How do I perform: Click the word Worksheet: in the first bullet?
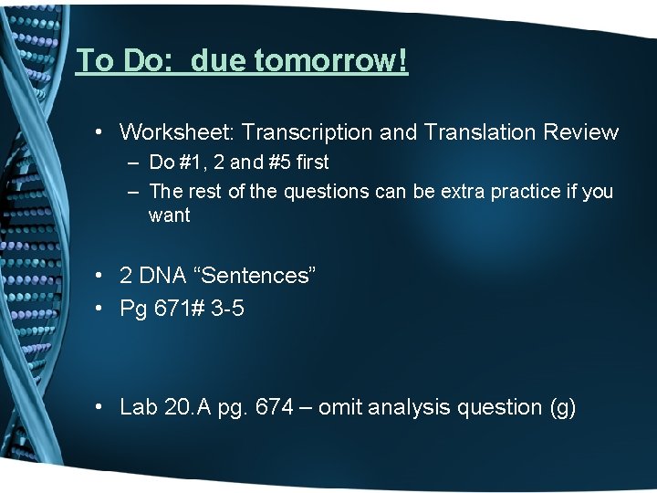point(177,132)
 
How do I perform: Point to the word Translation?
point(478,132)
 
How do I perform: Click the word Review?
point(580,132)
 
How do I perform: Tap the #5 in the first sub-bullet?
point(276,163)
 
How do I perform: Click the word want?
point(169,216)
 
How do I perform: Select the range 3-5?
point(225,309)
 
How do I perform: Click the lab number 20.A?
point(189,407)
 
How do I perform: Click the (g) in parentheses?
point(558,407)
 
